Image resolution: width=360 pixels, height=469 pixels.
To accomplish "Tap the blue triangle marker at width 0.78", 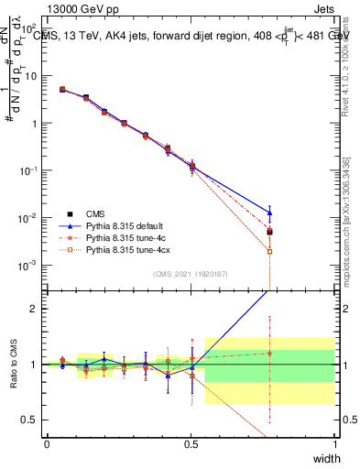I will tap(269, 213).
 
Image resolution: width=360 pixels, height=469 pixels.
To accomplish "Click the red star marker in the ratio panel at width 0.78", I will tap(269, 353).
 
